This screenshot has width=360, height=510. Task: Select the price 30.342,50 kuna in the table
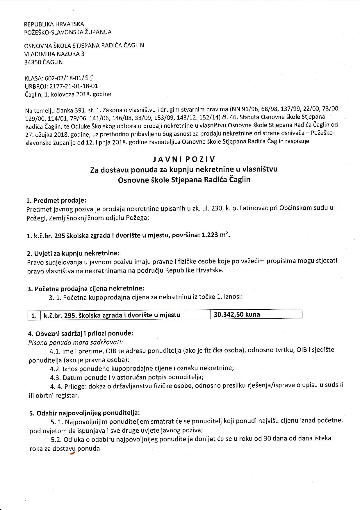point(237,314)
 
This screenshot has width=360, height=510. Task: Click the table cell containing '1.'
point(34,315)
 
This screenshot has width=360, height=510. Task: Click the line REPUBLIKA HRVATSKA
point(54,24)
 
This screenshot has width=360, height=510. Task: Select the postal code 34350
point(33,62)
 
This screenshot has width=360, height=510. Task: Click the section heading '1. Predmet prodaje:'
point(56,201)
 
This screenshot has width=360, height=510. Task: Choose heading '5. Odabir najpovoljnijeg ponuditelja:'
point(84,413)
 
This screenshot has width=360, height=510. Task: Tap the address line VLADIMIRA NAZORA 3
point(54,54)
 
